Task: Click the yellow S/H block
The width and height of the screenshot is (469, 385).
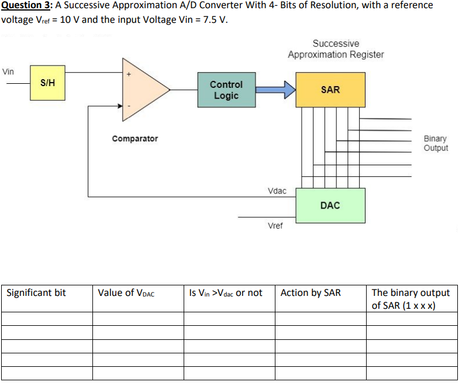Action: click(x=47, y=83)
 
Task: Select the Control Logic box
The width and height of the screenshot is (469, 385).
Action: click(x=226, y=90)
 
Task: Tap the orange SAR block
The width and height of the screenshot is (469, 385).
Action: click(x=330, y=90)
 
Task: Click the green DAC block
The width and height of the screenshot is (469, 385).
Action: click(x=330, y=206)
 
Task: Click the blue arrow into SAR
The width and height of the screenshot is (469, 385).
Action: click(x=275, y=90)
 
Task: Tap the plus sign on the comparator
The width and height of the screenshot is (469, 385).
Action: click(x=129, y=74)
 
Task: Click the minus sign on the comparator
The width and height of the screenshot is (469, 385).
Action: click(x=129, y=105)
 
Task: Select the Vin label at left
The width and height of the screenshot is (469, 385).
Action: click(x=8, y=71)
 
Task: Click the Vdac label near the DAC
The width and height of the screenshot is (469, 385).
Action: click(x=277, y=191)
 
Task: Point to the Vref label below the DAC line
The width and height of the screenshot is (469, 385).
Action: click(x=275, y=226)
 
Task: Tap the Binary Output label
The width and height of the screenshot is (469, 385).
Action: click(x=436, y=143)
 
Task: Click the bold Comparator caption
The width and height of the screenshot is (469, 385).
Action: click(x=135, y=139)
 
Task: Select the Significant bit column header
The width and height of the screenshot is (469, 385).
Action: click(x=36, y=293)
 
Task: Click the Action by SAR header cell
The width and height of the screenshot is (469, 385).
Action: click(x=311, y=293)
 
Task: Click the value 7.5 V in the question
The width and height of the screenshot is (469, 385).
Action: click(x=215, y=20)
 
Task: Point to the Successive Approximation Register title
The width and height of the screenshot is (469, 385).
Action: click(x=336, y=49)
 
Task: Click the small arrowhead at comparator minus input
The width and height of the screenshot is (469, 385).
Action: click(x=120, y=105)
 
